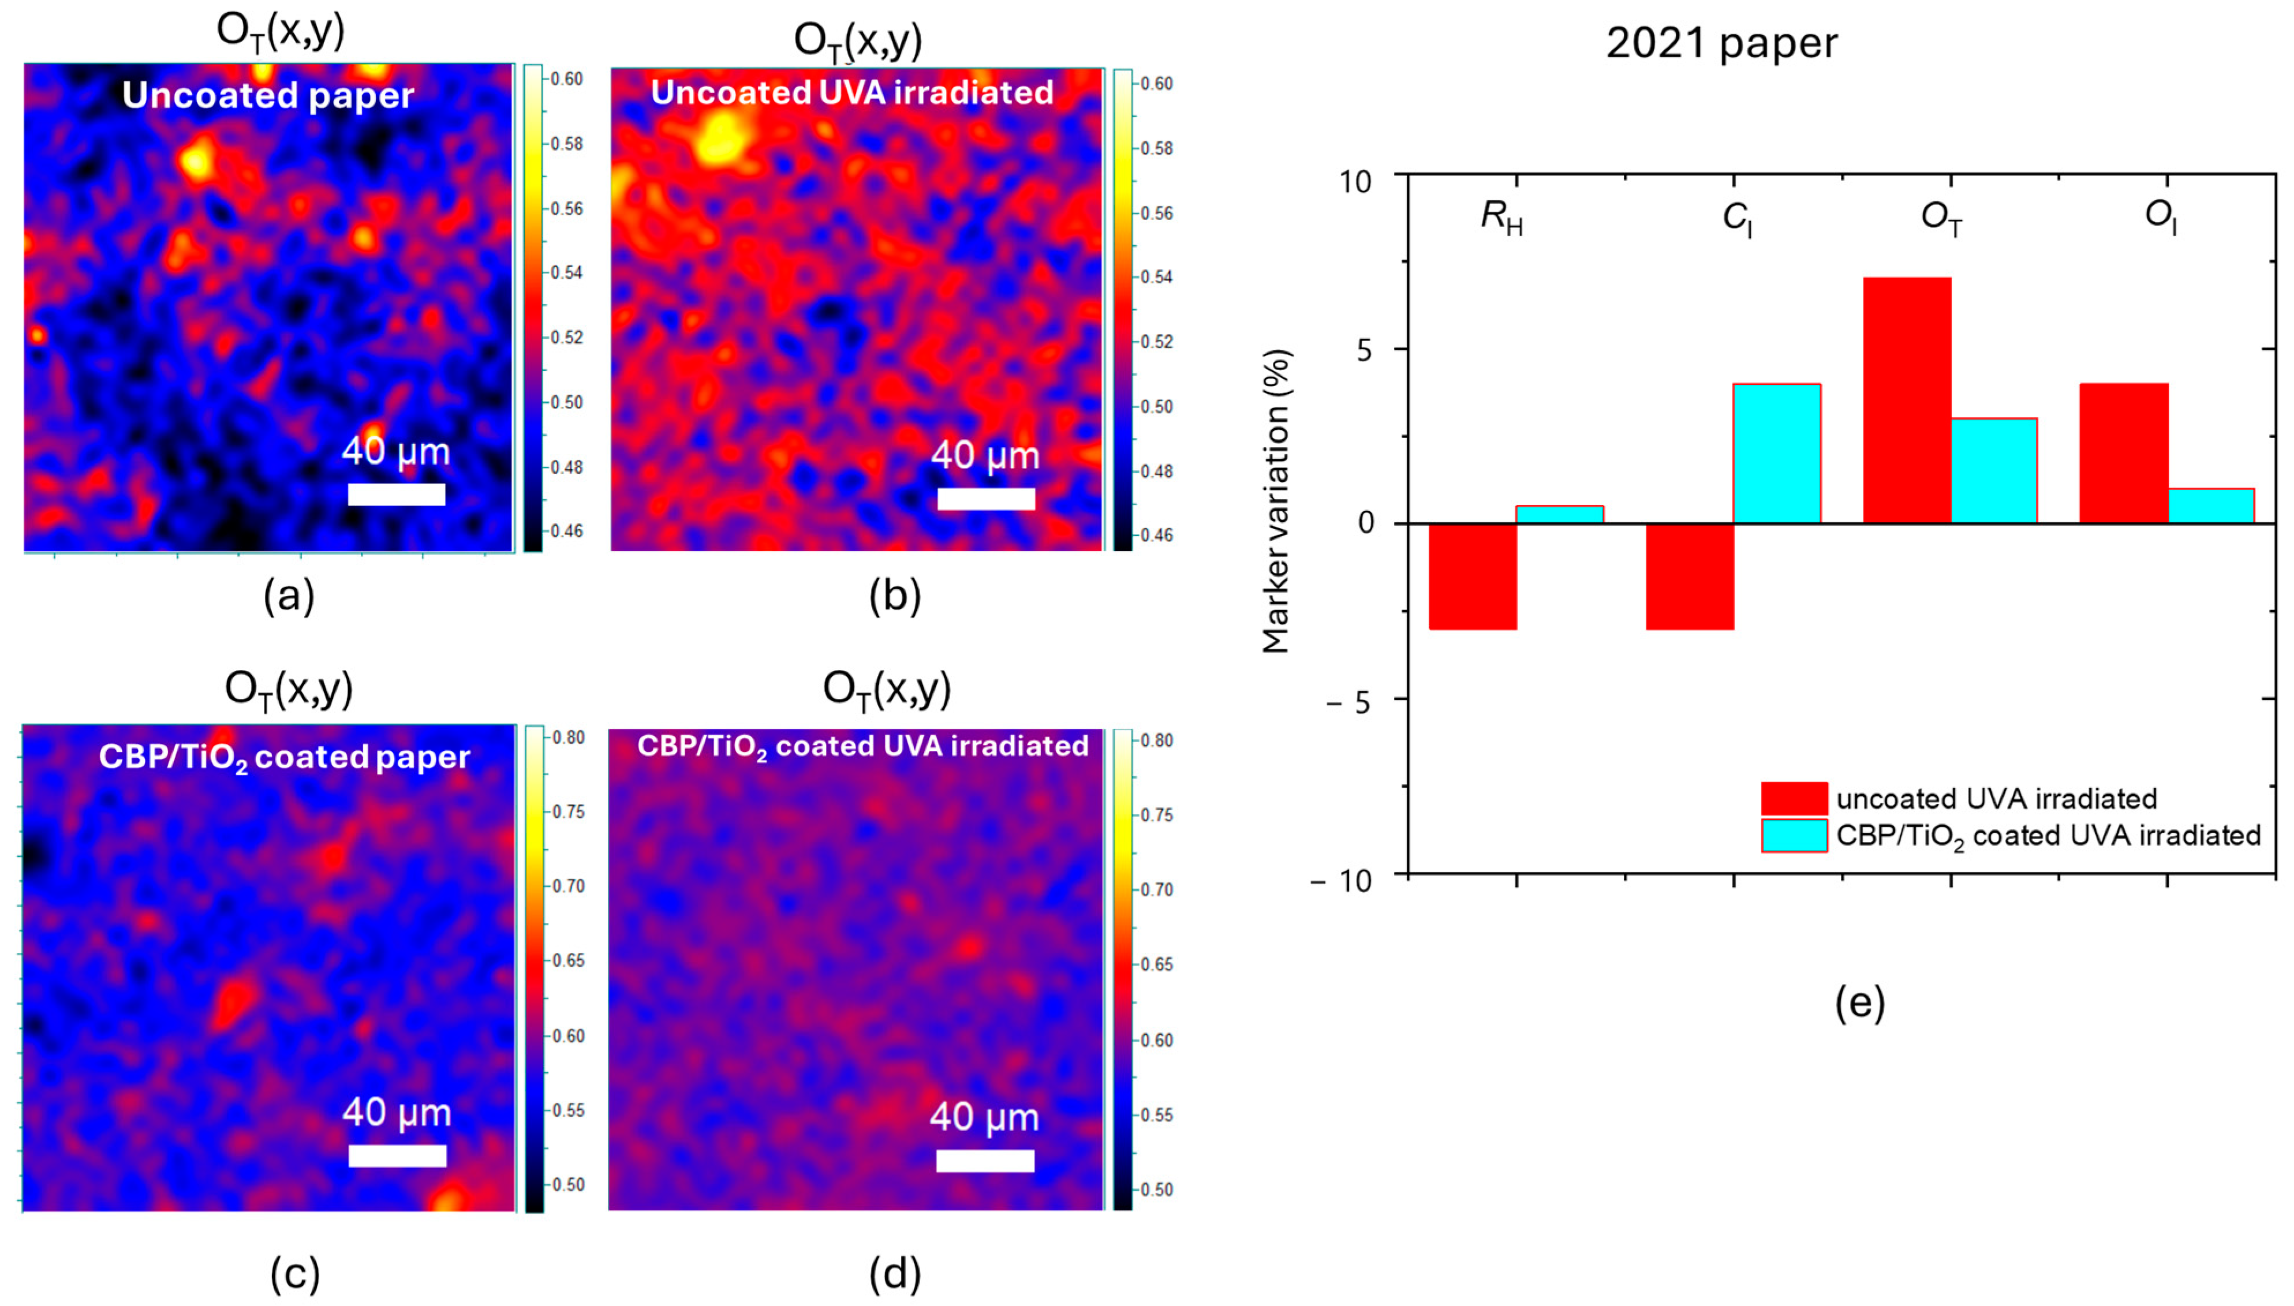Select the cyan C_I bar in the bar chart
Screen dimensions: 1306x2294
[1776, 453]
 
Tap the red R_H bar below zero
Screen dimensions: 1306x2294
[1472, 576]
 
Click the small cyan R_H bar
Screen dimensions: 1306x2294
[1559, 514]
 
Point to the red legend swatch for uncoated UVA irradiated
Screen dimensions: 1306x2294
[1794, 798]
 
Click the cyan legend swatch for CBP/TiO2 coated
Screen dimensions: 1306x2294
[1794, 835]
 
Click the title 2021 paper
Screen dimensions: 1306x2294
[1721, 43]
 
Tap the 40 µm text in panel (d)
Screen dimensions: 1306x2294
[984, 1118]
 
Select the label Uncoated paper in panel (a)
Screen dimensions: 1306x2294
[267, 95]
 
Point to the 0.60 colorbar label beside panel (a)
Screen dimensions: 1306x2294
[566, 79]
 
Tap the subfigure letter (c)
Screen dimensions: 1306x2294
[294, 1274]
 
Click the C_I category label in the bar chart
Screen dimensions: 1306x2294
[1737, 218]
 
